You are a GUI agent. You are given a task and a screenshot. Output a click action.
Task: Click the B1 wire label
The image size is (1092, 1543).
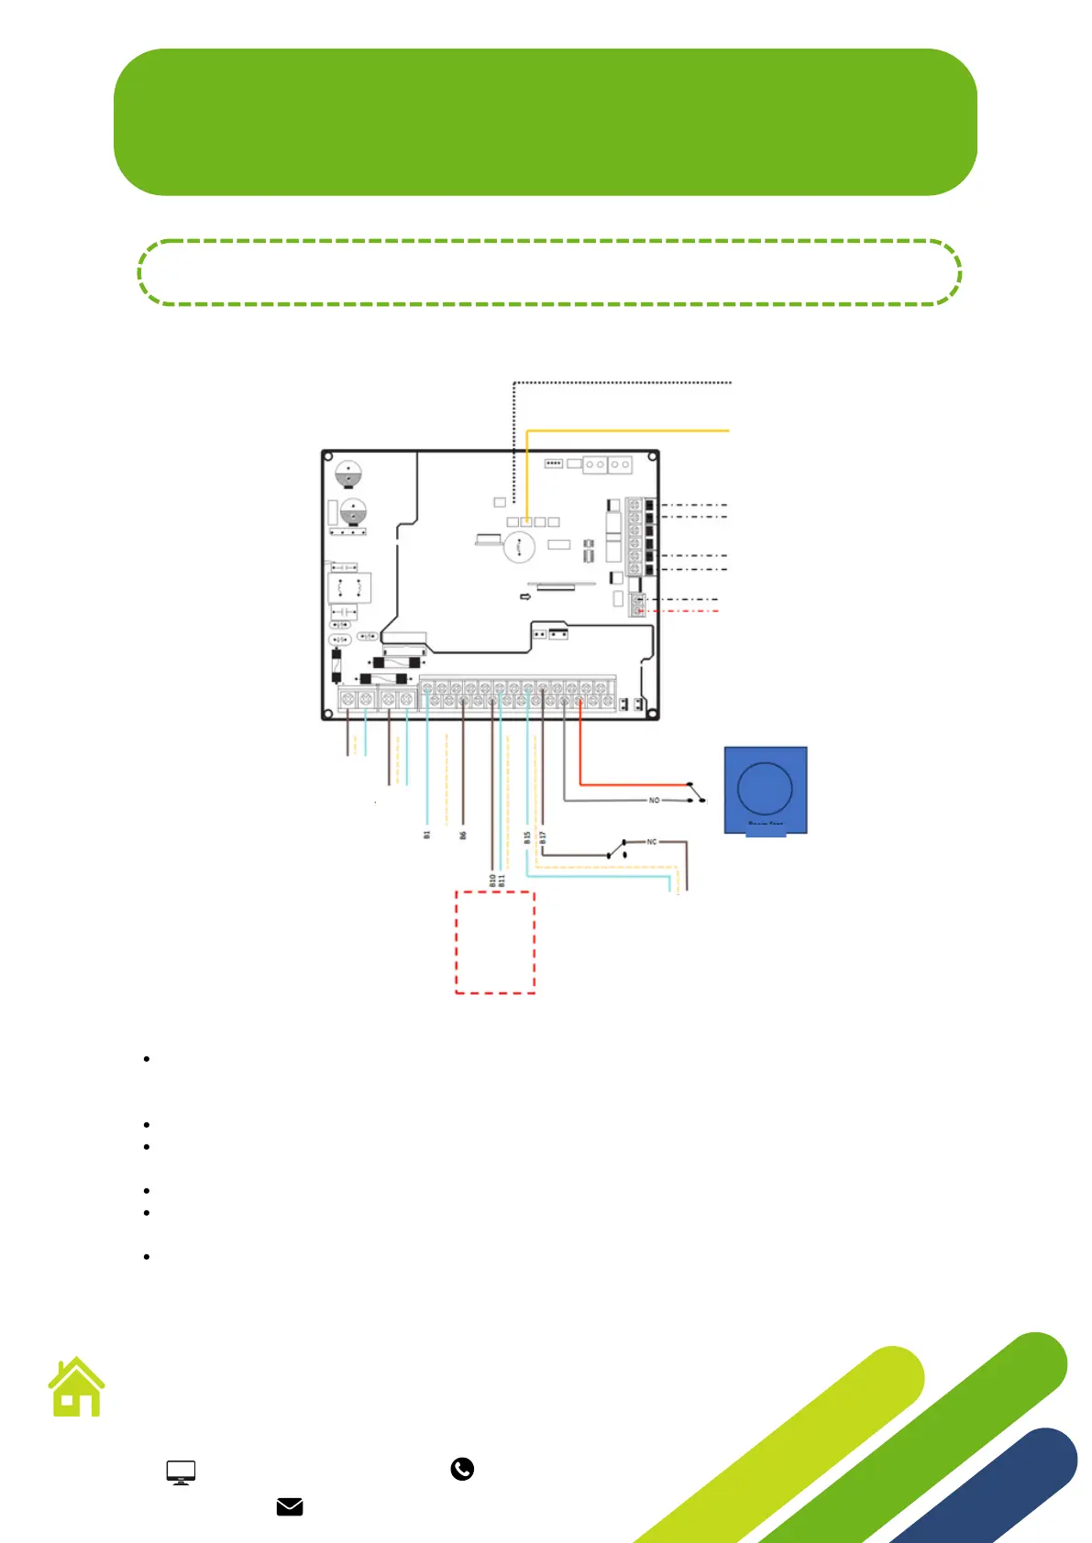click(x=426, y=835)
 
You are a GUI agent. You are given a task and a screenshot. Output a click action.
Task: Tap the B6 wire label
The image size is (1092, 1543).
click(x=463, y=835)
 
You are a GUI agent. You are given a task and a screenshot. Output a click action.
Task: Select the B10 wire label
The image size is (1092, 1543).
click(x=492, y=880)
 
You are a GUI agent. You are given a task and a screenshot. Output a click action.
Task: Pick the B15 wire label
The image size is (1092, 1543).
click(x=527, y=837)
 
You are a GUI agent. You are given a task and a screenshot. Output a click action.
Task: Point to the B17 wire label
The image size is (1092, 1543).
click(x=543, y=837)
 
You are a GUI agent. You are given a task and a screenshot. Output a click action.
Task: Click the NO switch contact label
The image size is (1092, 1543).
click(x=654, y=800)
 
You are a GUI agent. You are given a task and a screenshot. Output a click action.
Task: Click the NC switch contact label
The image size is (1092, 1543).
click(x=652, y=841)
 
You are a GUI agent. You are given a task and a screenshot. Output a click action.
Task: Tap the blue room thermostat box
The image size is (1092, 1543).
click(x=766, y=789)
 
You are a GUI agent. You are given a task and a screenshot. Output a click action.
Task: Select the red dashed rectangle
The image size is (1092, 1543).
click(x=495, y=942)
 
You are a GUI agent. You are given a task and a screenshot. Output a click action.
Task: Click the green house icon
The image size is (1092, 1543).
click(x=77, y=1387)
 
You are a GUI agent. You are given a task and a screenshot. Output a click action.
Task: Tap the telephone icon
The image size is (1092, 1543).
click(x=462, y=1469)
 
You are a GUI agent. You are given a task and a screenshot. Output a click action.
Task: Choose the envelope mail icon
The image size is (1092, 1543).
click(x=290, y=1506)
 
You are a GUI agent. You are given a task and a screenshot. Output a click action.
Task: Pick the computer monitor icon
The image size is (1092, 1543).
click(x=181, y=1472)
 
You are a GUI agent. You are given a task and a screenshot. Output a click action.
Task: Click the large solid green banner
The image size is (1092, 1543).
click(x=545, y=122)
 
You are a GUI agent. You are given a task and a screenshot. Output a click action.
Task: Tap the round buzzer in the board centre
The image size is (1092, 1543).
click(x=519, y=547)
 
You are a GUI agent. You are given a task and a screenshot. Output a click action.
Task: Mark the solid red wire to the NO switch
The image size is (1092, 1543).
click(x=633, y=784)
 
